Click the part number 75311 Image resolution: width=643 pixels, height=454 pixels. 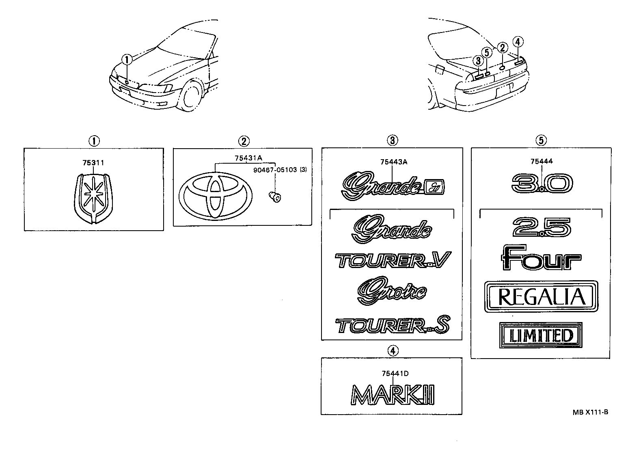[93, 163]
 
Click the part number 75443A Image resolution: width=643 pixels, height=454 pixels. [393, 162]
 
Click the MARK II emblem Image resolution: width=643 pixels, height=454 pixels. [393, 394]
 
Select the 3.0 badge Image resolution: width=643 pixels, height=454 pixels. [542, 184]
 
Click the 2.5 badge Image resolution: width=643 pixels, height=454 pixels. [542, 227]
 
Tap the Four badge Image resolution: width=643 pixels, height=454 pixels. [541, 257]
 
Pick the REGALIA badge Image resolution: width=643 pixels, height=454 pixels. [542, 296]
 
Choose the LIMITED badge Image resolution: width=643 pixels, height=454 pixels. [541, 335]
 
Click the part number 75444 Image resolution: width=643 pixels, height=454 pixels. [542, 161]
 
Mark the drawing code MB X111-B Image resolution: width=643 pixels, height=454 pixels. [590, 412]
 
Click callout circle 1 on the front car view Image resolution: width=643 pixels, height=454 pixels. [127, 60]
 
